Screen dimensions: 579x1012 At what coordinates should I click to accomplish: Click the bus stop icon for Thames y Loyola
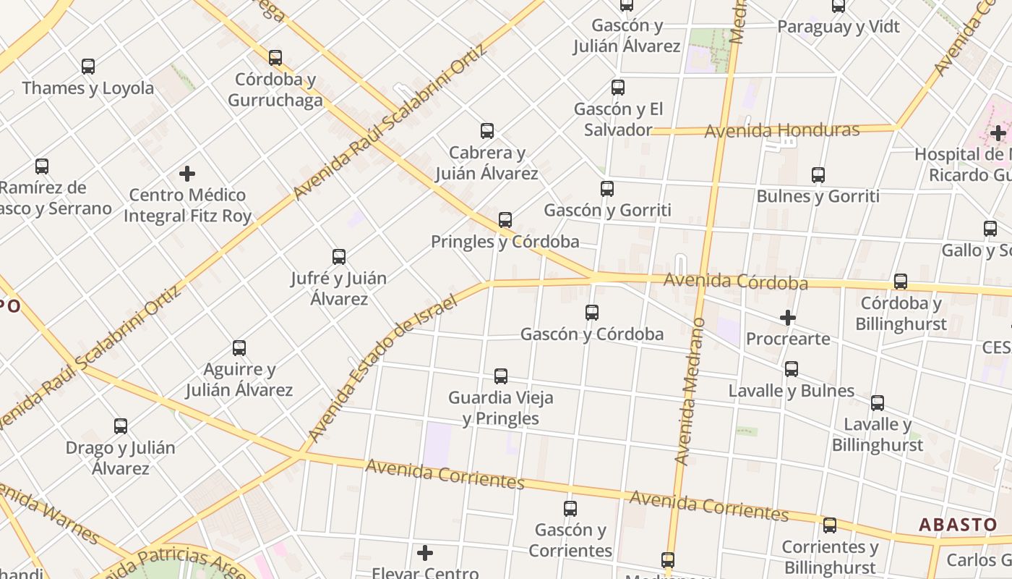tap(88, 67)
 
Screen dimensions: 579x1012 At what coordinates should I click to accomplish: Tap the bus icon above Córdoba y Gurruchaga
tap(275, 58)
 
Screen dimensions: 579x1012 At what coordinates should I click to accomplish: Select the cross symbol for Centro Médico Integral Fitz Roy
tap(187, 174)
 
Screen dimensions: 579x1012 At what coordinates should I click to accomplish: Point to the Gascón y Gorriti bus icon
tap(607, 189)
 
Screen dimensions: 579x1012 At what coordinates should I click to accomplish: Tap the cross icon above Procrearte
tap(788, 318)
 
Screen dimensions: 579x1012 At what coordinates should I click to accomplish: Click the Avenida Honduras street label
tap(782, 131)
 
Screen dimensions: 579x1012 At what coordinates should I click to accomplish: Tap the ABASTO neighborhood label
tap(958, 525)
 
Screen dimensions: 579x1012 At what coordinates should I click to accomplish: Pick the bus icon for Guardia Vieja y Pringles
tap(501, 376)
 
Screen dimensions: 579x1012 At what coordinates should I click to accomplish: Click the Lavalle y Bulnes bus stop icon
tap(792, 369)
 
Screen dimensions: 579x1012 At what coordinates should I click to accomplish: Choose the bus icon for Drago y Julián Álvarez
tap(121, 426)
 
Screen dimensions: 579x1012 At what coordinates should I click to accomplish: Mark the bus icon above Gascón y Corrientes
tap(570, 509)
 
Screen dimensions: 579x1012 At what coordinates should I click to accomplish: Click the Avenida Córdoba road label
tap(736, 281)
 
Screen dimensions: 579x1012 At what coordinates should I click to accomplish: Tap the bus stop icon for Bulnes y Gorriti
tap(818, 175)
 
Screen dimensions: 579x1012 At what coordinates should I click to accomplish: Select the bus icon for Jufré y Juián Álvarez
tap(339, 256)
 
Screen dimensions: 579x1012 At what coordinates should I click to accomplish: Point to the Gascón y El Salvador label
tap(618, 119)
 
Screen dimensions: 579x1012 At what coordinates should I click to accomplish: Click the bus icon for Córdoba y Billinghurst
tap(901, 282)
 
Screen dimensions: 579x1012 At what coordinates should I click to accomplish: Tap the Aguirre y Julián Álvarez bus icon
tap(239, 348)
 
